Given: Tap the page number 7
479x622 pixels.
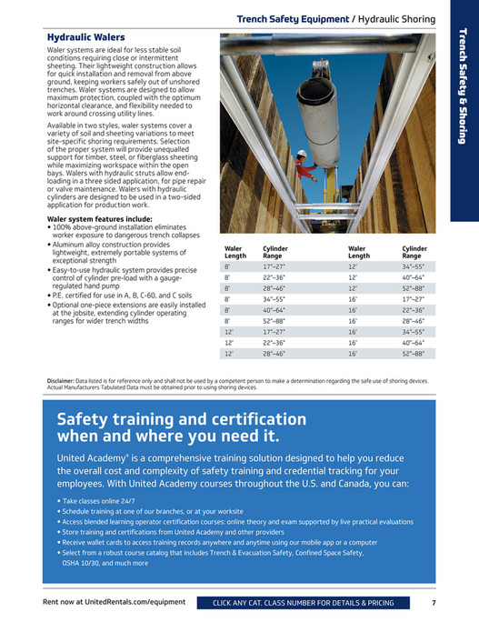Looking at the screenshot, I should click(x=434, y=602).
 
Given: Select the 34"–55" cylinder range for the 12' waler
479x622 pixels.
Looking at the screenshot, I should click(x=414, y=267).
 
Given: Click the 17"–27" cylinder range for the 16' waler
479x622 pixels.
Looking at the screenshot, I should click(x=414, y=298).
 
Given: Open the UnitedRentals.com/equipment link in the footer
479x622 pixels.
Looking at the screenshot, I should click(x=115, y=602).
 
